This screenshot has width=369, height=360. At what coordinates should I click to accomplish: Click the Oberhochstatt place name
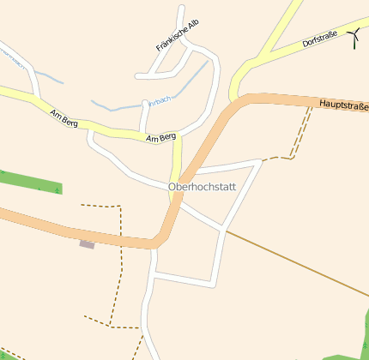207,187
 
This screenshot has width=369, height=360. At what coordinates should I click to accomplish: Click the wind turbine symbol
354,36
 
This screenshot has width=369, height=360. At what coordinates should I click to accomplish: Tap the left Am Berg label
64,119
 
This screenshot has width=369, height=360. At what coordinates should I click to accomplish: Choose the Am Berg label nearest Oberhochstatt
160,137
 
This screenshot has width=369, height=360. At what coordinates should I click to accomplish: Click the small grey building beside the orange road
87,245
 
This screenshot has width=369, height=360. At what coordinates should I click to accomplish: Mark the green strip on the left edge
30,182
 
